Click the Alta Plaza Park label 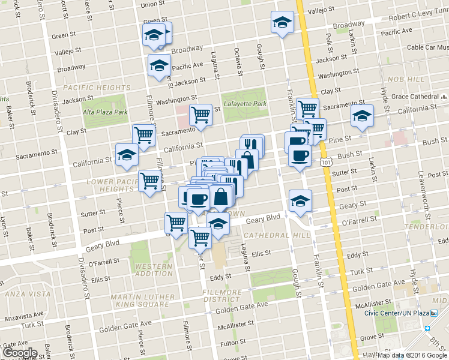point(106,112)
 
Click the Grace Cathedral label point(414,96)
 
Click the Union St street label point(152,5)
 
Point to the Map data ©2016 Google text point(411,355)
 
